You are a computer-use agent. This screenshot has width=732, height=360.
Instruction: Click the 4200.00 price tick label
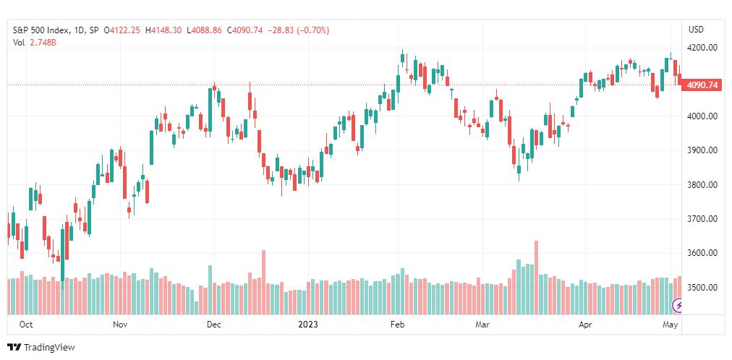(x=702, y=48)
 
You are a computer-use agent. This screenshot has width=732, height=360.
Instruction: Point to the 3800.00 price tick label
(x=702, y=184)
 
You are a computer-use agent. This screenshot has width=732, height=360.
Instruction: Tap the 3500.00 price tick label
(x=702, y=287)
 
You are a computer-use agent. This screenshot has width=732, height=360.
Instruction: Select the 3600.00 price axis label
(x=702, y=253)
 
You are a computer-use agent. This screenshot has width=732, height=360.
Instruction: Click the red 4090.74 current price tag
(x=702, y=85)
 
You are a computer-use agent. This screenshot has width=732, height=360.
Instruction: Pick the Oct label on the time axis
(x=27, y=325)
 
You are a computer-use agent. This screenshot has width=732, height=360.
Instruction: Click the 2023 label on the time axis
(x=308, y=325)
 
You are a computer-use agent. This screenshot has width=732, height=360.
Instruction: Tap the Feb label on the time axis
(x=398, y=325)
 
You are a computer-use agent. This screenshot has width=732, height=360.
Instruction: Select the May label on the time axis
(x=671, y=325)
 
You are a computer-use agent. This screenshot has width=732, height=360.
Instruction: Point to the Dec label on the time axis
(x=214, y=325)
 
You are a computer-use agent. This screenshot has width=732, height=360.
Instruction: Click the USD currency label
(x=696, y=30)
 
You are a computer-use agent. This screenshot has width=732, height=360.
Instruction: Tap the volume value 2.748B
(x=43, y=43)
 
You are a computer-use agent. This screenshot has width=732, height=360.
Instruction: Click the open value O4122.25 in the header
(x=122, y=30)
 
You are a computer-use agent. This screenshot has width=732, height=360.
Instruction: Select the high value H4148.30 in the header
(x=164, y=30)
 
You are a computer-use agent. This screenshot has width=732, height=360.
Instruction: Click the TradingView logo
(x=41, y=348)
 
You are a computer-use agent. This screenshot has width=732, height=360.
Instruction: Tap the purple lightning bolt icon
(x=678, y=306)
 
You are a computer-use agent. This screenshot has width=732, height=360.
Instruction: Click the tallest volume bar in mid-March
(x=537, y=278)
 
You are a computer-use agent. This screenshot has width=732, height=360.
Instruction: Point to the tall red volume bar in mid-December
(x=264, y=282)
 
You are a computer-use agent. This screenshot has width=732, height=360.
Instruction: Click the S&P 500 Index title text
(x=41, y=30)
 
